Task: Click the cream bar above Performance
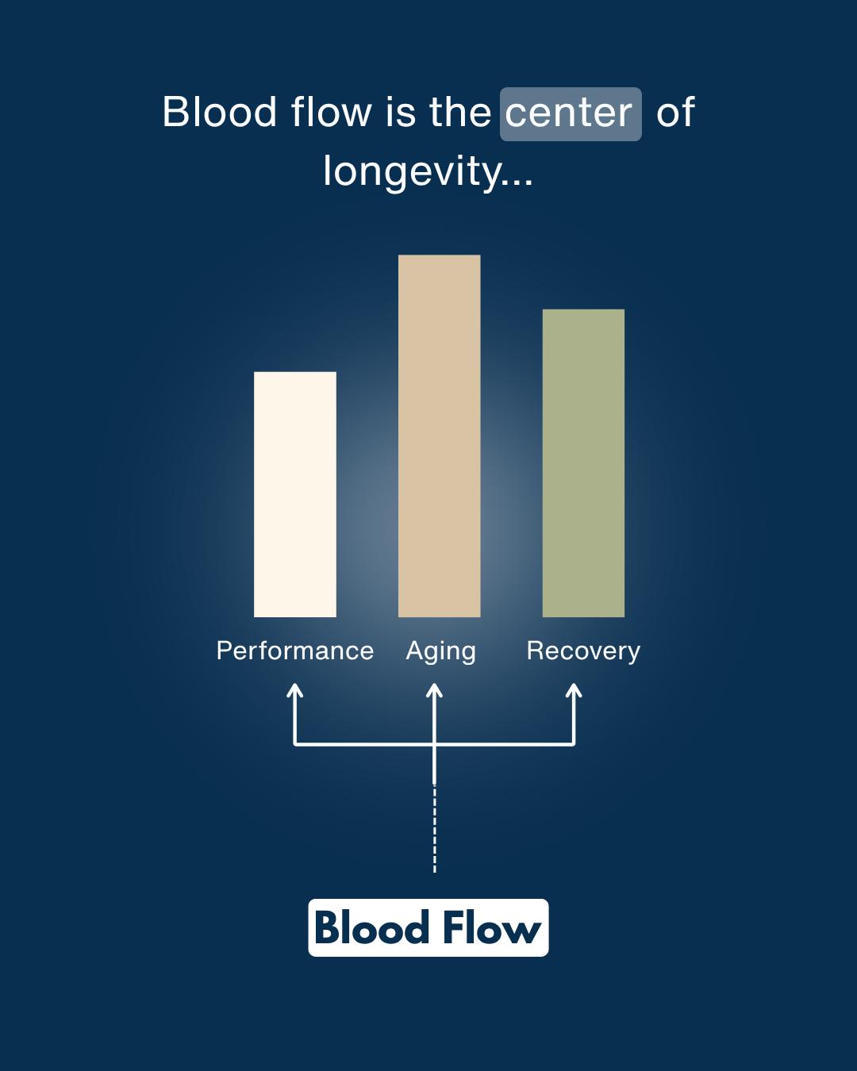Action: click(x=295, y=494)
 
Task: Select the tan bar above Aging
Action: click(x=439, y=436)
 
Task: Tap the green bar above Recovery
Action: click(x=583, y=463)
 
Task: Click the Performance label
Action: click(x=295, y=651)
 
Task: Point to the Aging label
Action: click(x=440, y=651)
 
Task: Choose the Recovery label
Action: click(x=583, y=651)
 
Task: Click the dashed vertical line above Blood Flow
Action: click(x=434, y=828)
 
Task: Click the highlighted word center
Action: click(x=569, y=113)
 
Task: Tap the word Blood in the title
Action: click(x=219, y=112)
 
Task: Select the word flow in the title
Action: click(x=331, y=112)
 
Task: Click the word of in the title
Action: click(x=675, y=112)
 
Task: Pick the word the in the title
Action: click(x=460, y=112)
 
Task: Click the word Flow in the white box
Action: click(x=491, y=928)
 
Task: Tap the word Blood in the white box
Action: click(x=371, y=928)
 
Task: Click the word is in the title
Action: click(x=401, y=112)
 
